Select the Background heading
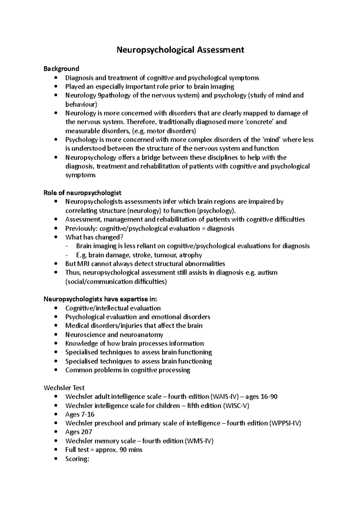point(61,69)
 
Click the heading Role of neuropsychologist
point(82,193)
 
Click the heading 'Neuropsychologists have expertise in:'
point(100,299)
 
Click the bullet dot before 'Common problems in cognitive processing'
point(56,370)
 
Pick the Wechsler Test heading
point(64,388)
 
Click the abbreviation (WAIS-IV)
point(225,397)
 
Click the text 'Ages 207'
point(79,432)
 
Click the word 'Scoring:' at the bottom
point(77,459)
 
